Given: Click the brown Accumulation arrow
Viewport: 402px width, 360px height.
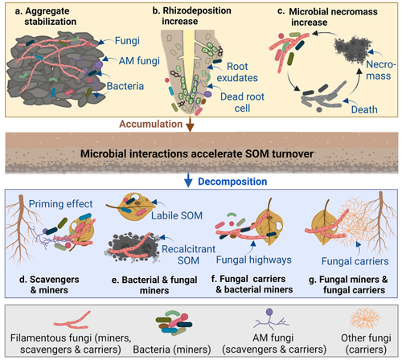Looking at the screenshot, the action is (190, 124).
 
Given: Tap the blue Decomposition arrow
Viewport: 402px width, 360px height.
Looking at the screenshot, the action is (188, 180).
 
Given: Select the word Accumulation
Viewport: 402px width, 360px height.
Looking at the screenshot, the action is (151, 124).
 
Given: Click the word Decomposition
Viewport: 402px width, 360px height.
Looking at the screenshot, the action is (232, 182).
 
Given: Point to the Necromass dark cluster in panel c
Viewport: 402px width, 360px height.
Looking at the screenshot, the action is (352, 50).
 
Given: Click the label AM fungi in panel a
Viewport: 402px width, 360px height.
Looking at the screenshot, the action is (139, 61).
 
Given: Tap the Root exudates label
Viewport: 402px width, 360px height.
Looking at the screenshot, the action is (237, 72).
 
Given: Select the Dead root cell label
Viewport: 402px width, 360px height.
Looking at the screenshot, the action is (242, 102).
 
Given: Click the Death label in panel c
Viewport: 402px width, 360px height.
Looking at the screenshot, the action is (364, 109).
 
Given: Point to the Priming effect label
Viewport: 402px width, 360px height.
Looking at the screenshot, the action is (60, 204).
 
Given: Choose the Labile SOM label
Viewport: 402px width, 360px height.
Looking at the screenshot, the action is (177, 215).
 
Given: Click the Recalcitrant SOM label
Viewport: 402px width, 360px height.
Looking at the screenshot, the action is (188, 255).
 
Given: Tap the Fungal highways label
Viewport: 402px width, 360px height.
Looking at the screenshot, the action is (254, 260).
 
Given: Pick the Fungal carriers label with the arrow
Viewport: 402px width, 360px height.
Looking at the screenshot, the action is (355, 261).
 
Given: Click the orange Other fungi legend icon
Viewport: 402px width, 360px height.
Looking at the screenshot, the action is (365, 318).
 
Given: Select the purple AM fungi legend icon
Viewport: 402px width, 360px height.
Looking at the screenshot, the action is (270, 320).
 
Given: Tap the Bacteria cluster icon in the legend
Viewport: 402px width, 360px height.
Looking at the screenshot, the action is (174, 322).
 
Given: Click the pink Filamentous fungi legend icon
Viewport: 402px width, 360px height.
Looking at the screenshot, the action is (72, 321).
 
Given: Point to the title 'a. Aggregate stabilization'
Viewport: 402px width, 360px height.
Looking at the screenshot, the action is (46, 16).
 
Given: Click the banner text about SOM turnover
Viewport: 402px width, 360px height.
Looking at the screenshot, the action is (197, 153).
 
